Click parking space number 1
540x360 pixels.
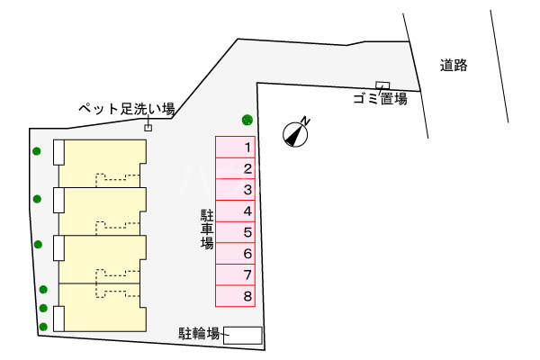click(236, 146)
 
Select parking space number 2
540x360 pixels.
click(236, 167)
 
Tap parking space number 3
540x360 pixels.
click(236, 189)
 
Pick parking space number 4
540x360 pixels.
click(236, 211)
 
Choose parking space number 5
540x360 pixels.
click(236, 232)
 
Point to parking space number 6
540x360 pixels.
click(236, 253)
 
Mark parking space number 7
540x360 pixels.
click(236, 274)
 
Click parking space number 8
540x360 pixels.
click(236, 296)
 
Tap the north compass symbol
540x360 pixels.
click(295, 133)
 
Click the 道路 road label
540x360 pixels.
click(454, 65)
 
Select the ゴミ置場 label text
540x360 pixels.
click(380, 99)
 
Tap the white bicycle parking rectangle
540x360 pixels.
click(243, 335)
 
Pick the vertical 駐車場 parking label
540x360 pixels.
click(207, 230)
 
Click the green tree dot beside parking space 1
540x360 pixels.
click(247, 120)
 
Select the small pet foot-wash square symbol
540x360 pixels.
click(148, 128)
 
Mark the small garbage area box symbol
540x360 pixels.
click(381, 85)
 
